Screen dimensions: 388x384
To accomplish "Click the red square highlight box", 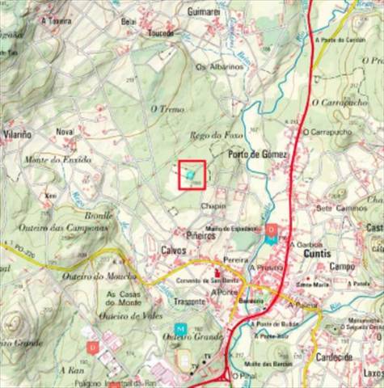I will [192, 175].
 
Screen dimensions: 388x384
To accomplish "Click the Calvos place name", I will [174, 250].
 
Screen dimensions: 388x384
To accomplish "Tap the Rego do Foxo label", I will [216, 135].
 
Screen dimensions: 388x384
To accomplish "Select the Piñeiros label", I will [200, 235].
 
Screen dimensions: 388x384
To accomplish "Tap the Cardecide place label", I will [344, 357].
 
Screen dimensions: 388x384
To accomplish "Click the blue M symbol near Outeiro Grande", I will [181, 329].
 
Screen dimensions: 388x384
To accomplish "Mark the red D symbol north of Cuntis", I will [272, 230].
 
